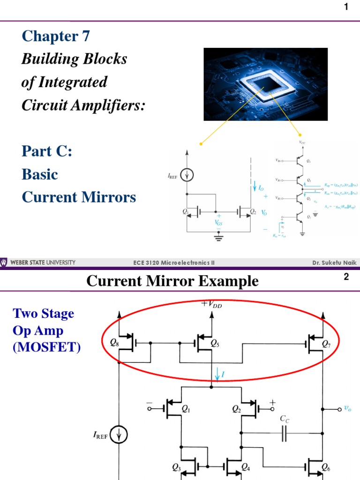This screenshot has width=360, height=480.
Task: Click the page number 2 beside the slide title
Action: (346, 277)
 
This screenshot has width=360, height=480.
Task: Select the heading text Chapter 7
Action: (56, 37)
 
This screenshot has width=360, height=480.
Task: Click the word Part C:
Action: (47, 151)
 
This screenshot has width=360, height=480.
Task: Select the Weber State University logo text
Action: (42, 262)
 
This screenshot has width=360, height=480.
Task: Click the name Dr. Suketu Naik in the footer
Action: (334, 263)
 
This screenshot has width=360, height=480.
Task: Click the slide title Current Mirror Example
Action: (172, 281)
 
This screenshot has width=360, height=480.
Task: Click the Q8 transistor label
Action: (114, 343)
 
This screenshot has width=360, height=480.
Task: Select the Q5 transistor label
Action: (215, 343)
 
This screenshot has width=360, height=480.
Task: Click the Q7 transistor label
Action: (326, 343)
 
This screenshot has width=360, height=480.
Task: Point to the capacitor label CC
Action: (285, 419)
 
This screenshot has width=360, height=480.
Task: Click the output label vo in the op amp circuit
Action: (347, 408)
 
